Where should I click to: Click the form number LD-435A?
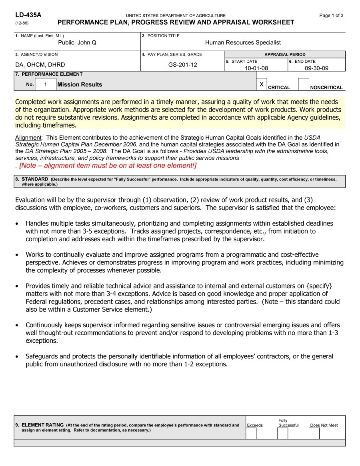point(28,15)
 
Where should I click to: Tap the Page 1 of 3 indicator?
point(331,16)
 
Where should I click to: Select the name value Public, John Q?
point(77,42)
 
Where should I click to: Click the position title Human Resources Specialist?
point(243,42)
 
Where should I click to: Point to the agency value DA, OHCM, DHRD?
point(40,64)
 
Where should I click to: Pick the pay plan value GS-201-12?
point(182,64)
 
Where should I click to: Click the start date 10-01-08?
point(256,68)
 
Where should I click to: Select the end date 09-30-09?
point(316,68)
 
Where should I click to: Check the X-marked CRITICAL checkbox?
point(261,84)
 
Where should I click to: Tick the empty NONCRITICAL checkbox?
point(304,84)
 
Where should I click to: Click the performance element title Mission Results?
point(80,84)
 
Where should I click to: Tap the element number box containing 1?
point(46,84)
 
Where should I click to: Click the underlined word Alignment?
point(28,138)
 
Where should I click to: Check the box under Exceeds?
point(251,433)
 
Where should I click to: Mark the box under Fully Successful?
point(282,433)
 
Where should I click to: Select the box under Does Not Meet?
point(314,433)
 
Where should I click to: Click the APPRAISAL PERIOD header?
point(285,54)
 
